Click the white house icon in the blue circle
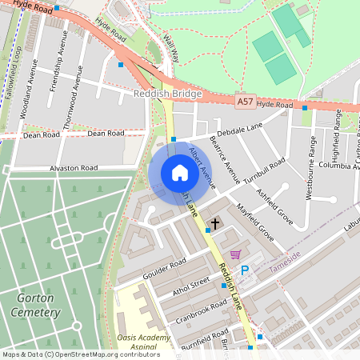pyautogui.click(x=180, y=173)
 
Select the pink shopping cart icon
pyautogui.click(x=235, y=254)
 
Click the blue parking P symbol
pyautogui.click(x=246, y=270)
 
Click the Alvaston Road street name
pyautogui.click(x=73, y=168)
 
